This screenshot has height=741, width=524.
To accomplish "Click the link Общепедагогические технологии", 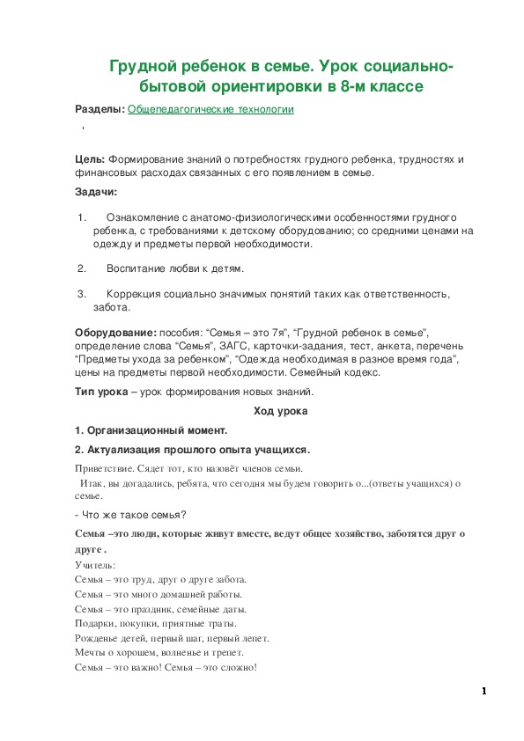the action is (210, 109).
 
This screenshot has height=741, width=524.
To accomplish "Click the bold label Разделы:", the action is (100, 109).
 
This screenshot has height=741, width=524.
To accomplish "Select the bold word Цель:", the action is (90, 159).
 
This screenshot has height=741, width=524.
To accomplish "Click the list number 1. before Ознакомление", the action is (81, 216).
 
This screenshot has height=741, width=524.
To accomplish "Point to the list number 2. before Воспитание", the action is (81, 268).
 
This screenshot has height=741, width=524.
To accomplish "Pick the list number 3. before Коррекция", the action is (81, 294).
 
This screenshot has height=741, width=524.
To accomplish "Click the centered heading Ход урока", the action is (280, 410).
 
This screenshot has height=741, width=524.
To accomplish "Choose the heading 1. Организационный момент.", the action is (151, 430).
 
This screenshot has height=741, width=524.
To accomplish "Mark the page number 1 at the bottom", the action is (484, 692).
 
